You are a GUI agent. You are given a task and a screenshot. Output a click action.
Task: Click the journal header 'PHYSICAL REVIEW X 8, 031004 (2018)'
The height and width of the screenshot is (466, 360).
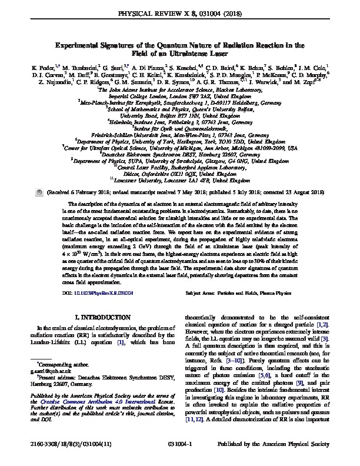180,12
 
